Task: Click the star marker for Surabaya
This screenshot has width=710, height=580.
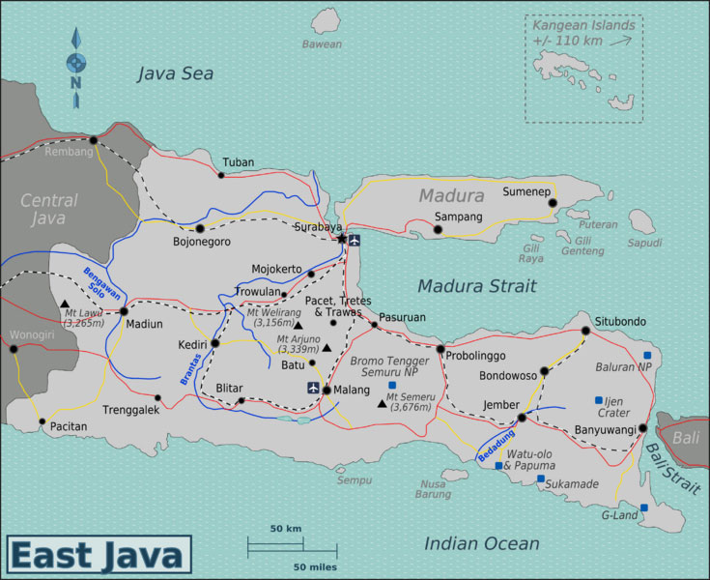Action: pos(341,238)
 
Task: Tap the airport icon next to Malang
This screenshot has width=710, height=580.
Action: pos(313,388)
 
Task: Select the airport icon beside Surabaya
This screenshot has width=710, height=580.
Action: pos(355,241)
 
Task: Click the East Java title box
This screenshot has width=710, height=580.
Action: pos(97,556)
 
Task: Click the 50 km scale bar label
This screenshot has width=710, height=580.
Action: pos(286,530)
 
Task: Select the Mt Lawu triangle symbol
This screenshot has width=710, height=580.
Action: pos(64,304)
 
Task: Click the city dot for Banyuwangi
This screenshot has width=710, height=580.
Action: pos(642,427)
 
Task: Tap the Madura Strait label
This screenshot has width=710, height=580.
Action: pos(477,286)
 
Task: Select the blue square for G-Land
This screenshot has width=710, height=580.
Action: pos(644,507)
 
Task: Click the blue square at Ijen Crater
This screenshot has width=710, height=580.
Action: pos(599,400)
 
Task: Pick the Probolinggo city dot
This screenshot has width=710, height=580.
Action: pos(440,349)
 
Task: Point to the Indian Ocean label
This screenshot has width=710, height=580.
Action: pos(482,544)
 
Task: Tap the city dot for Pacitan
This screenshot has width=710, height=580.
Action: pos(42,421)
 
